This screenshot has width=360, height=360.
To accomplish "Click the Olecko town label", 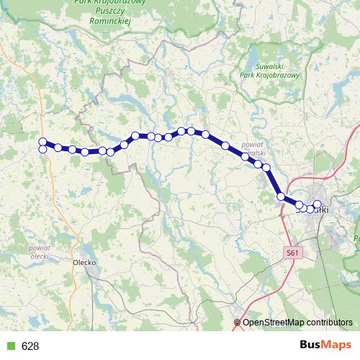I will (x=85, y=262).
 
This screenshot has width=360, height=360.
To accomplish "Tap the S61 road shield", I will (x=291, y=253).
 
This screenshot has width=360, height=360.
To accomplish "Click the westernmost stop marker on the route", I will (x=42, y=142).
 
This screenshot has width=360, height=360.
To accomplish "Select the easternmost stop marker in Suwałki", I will (x=318, y=204).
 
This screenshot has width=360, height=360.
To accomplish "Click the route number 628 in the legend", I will (x=30, y=346).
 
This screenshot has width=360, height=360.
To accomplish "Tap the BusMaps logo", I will (x=323, y=346).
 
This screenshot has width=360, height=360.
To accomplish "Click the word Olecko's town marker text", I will (x=85, y=262).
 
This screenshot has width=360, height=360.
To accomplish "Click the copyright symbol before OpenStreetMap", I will (x=238, y=323).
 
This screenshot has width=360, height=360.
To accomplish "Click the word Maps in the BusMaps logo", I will (x=335, y=346).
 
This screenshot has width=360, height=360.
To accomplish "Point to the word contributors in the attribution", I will (x=328, y=323).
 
